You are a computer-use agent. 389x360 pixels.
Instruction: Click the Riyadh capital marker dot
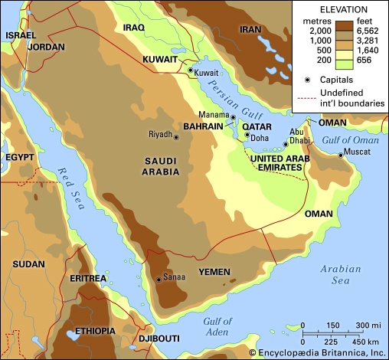click(x=177, y=137)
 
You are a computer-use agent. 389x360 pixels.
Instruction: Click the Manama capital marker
click(x=234, y=117)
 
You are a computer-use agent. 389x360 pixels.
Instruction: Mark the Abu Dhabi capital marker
click(x=286, y=143)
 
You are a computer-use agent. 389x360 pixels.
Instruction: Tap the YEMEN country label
click(x=215, y=272)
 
